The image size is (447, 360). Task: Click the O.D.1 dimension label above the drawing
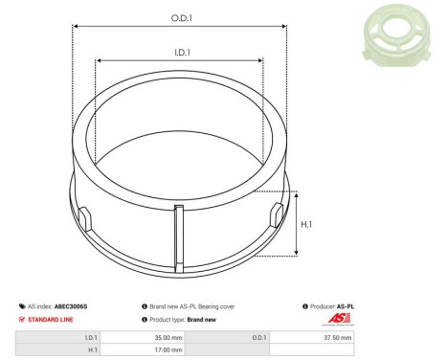[x=180, y=19]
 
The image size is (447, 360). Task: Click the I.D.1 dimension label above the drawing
[x=180, y=54]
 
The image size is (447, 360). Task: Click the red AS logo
[x=339, y=319]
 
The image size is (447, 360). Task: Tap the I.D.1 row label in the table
[x=91, y=337]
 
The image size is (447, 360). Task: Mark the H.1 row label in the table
[x=92, y=350]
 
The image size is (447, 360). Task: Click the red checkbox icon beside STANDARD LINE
[x=22, y=319]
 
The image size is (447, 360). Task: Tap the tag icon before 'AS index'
[x=22, y=306]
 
